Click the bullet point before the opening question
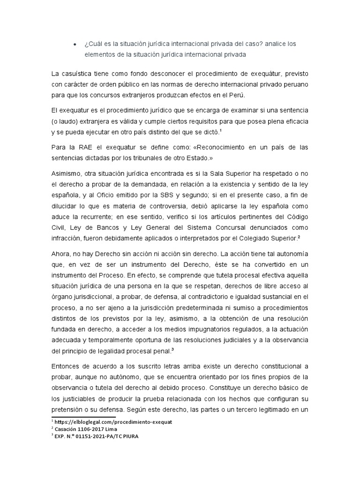coord(75,44)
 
